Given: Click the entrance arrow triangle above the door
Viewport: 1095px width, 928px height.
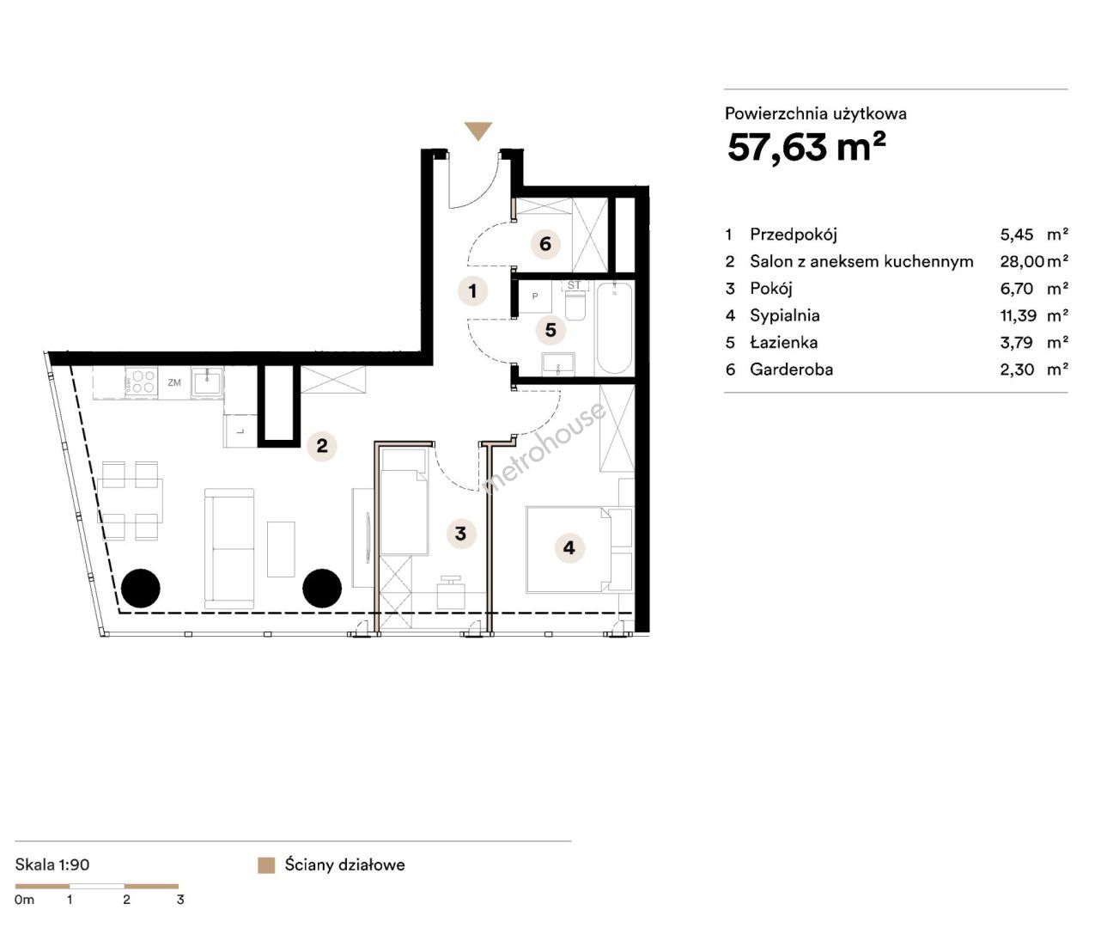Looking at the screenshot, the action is point(478,131).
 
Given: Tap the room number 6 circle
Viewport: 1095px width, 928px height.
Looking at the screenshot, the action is point(545,244).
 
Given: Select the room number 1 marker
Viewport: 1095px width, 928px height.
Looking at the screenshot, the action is point(472,290).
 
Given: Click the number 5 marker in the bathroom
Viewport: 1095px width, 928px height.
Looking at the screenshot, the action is point(551,330).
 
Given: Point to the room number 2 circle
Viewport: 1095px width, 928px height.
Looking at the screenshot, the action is point(322,446).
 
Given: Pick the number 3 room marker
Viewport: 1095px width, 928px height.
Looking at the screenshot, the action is point(460,533).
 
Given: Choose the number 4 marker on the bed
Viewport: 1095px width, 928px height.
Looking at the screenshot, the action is point(569,547).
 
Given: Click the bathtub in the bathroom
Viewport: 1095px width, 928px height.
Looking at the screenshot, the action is point(615,328).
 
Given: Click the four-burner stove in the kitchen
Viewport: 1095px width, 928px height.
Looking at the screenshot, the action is point(142,382).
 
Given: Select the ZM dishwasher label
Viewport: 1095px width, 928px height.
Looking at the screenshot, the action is point(174,382).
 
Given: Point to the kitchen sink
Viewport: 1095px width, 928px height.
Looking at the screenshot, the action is point(207,382).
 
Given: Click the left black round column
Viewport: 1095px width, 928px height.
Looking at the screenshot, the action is point(140,589).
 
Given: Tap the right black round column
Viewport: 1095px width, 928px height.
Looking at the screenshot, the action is point(322,589).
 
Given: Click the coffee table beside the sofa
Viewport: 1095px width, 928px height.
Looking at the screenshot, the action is point(281,549).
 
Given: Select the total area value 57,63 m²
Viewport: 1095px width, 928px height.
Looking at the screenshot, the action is point(806,147).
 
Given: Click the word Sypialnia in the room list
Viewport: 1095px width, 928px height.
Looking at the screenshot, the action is point(785,316).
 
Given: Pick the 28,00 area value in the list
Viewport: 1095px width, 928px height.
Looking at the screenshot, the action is point(1022,261).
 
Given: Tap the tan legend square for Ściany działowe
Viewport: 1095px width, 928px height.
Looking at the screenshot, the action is point(266,865).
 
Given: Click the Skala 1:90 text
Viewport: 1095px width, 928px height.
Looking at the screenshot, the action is point(52,864).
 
